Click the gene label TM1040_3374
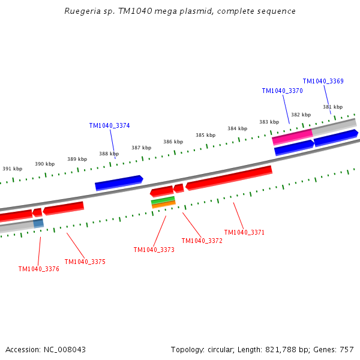pos(109,125)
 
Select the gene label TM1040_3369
pos(323,81)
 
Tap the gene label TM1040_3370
pos(282,91)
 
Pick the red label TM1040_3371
pos(244,232)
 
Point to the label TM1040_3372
pos(202,241)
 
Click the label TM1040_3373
pos(154,250)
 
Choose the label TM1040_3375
pos(85,262)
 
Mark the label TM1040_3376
pos(38,269)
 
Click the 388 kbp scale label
pos(109,154)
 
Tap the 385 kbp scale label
pos(205,135)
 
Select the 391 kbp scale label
pos(12,169)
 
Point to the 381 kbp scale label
pos(332,107)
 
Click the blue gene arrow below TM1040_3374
pos(119,183)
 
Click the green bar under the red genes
pos(163,200)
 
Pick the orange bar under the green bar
pos(163,205)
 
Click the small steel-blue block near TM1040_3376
pos(38,223)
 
